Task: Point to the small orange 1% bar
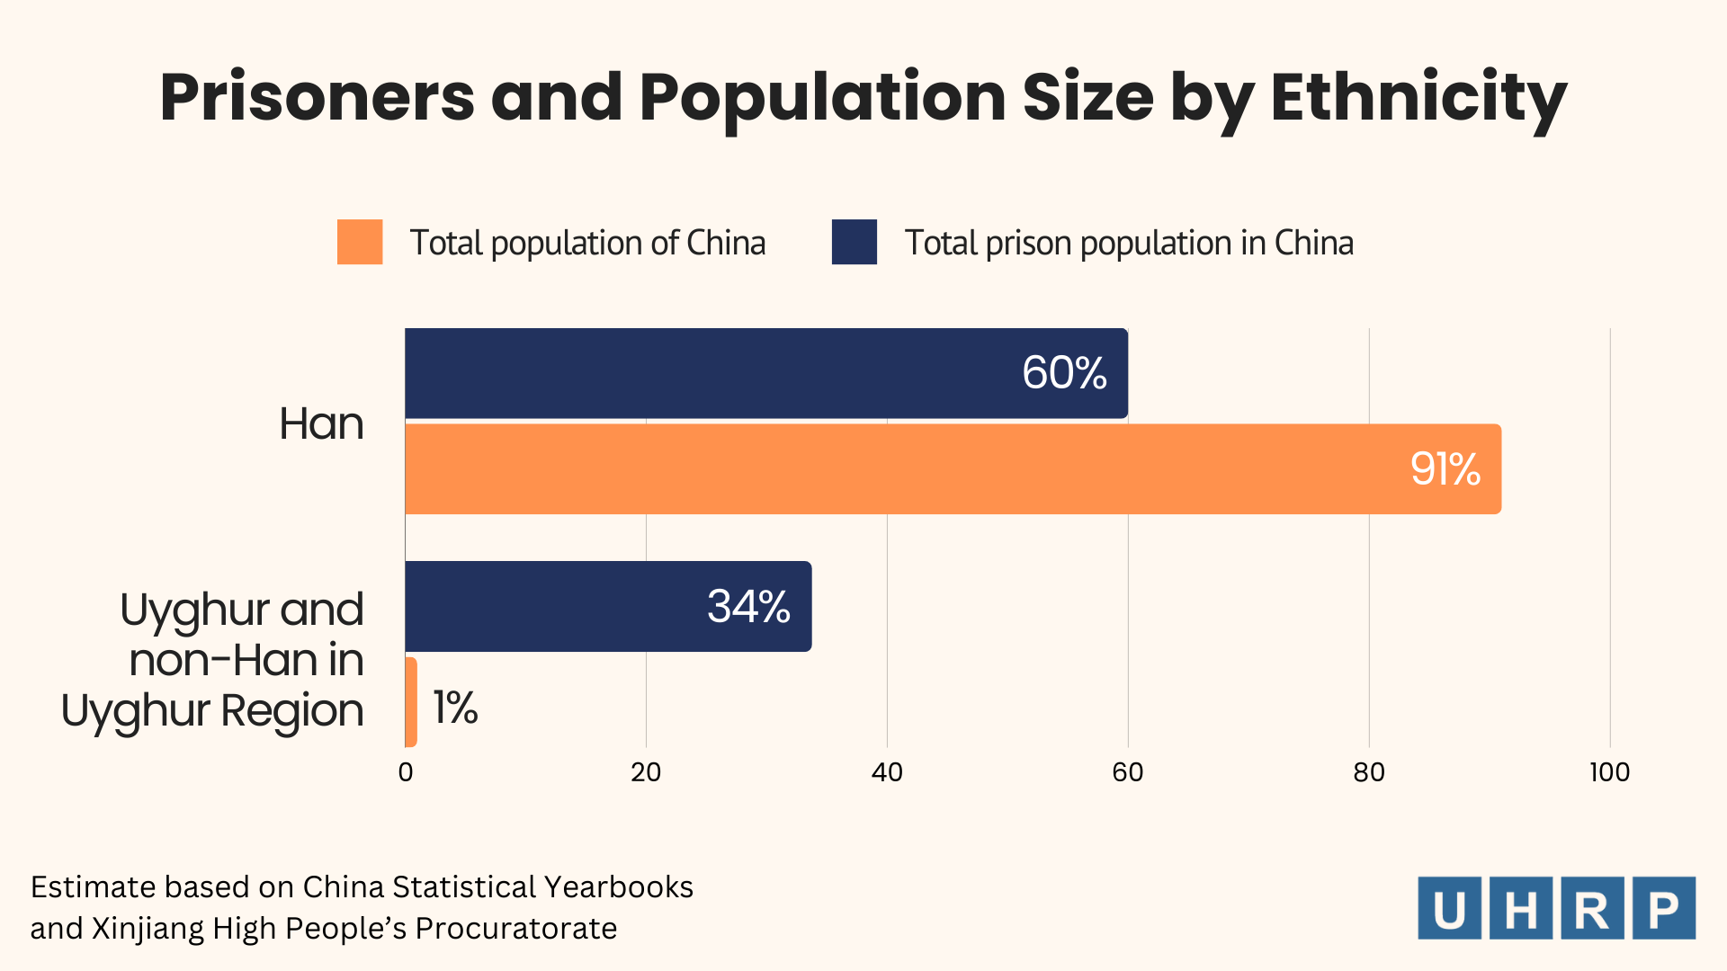point(411,702)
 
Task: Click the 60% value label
point(1064,373)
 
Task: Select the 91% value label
point(1445,469)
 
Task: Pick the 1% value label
point(455,708)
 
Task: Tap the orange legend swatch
point(360,242)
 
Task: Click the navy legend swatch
point(854,242)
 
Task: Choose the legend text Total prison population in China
point(1129,244)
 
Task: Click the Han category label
point(321,423)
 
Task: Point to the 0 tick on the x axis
point(406,772)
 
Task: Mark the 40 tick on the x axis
point(887,772)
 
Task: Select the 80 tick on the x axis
point(1369,772)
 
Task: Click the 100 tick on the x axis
point(1609,772)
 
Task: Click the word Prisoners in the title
point(317,97)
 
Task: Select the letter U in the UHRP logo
point(1449,909)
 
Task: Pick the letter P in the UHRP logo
point(1664,909)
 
